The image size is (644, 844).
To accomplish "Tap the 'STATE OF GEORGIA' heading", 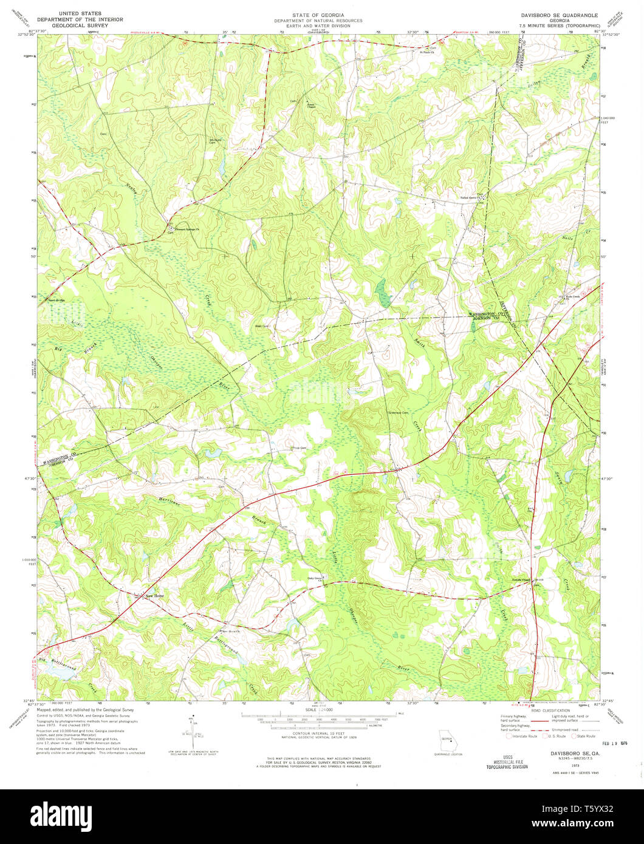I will pyautogui.click(x=318, y=15).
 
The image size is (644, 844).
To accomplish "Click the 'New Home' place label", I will pyautogui.click(x=154, y=596).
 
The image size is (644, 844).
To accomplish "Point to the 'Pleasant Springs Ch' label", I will pyautogui.click(x=191, y=230).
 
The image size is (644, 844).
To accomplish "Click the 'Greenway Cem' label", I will pyautogui.click(x=398, y=413).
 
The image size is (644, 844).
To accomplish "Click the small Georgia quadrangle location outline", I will pyautogui.click(x=448, y=744).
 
